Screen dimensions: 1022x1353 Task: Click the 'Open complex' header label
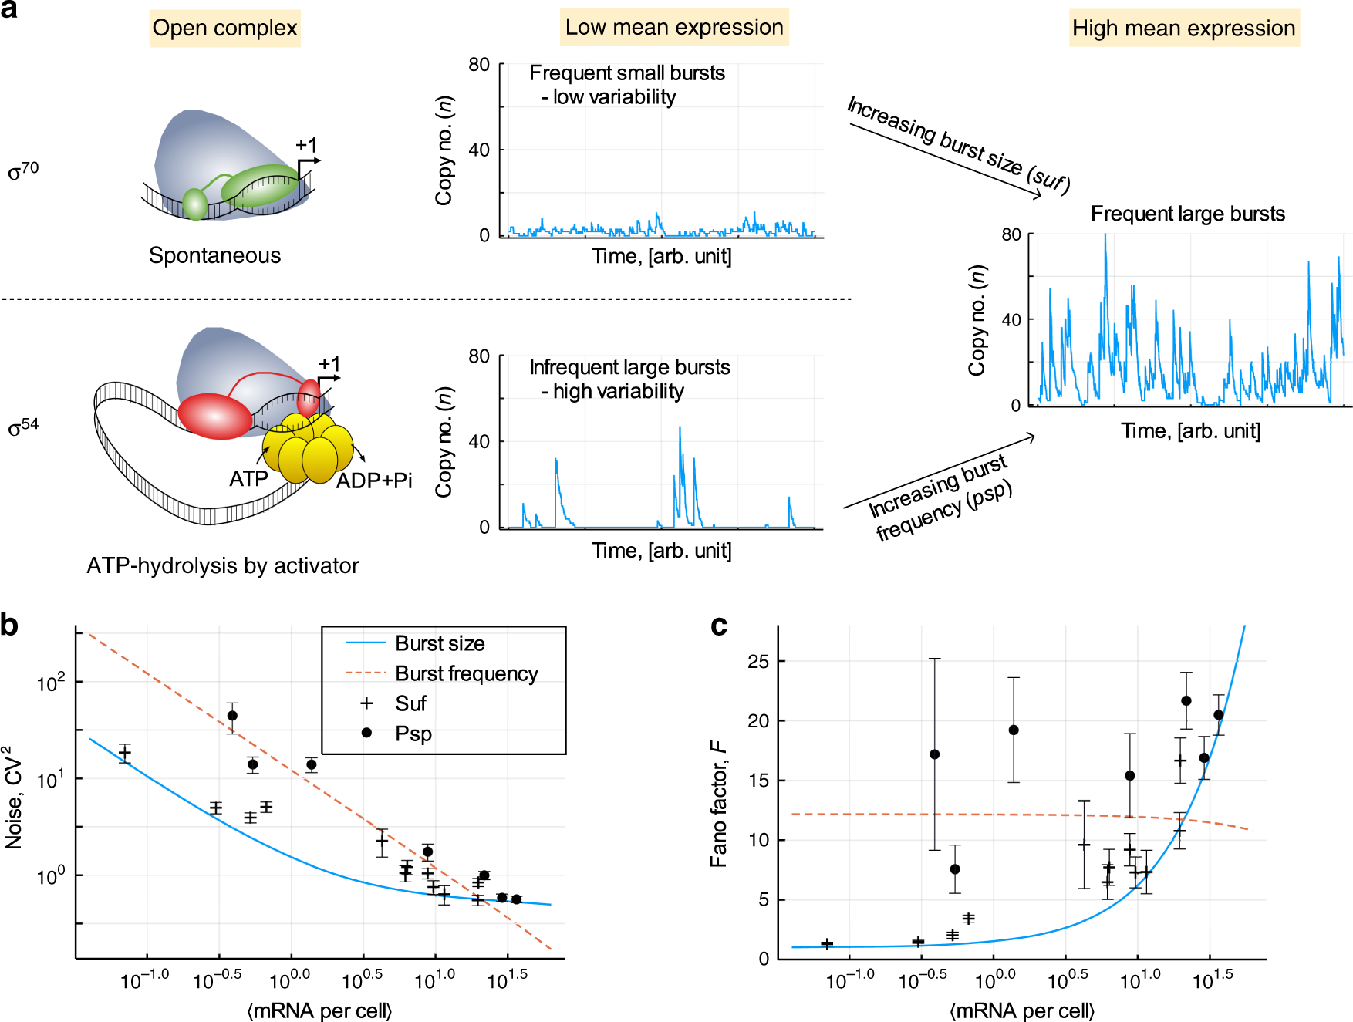tap(224, 29)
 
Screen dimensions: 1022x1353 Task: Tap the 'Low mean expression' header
tap(674, 28)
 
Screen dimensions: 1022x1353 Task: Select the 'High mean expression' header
tap(1183, 29)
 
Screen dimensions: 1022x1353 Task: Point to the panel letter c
tap(719, 625)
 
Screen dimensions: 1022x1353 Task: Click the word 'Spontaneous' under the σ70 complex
tap(214, 255)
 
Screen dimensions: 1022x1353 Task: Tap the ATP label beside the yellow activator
tap(248, 479)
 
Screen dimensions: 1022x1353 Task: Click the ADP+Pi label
tap(374, 481)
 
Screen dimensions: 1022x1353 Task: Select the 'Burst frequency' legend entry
tap(466, 673)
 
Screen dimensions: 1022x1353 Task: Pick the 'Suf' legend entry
tap(410, 703)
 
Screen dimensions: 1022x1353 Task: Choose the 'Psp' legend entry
tap(413, 734)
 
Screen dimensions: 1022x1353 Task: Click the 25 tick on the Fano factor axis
tap(758, 662)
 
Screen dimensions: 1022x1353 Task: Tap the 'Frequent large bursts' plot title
tap(1187, 214)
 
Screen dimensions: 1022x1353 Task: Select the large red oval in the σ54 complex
tap(215, 416)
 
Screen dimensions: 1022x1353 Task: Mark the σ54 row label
tap(23, 427)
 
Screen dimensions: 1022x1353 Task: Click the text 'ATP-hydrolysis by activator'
tap(222, 565)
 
